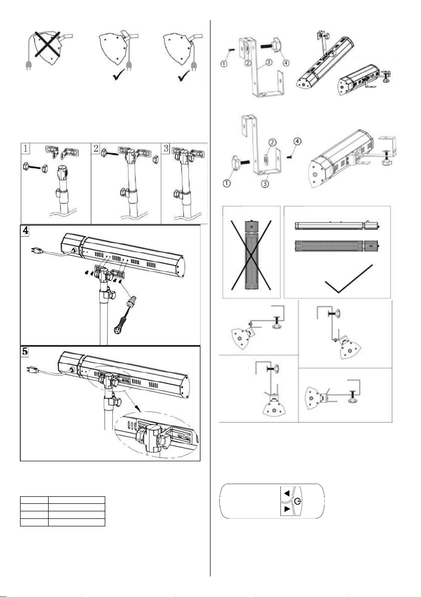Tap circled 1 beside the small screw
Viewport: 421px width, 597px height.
click(225, 64)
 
